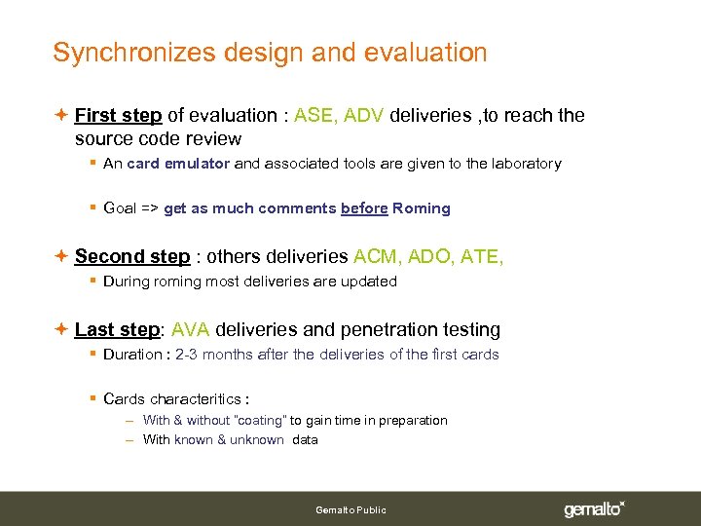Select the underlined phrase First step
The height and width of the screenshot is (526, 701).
118,116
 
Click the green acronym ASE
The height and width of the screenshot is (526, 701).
314,116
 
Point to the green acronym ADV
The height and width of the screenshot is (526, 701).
364,116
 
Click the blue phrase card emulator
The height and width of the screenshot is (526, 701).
178,164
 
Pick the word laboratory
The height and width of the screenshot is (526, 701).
527,164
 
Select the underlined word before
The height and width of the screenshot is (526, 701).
364,208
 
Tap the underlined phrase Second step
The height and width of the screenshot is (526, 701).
132,257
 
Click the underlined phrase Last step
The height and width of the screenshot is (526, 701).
117,330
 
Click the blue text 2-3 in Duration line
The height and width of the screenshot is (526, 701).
188,355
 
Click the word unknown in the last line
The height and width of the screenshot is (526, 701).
257,439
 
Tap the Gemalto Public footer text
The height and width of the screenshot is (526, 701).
350,509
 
